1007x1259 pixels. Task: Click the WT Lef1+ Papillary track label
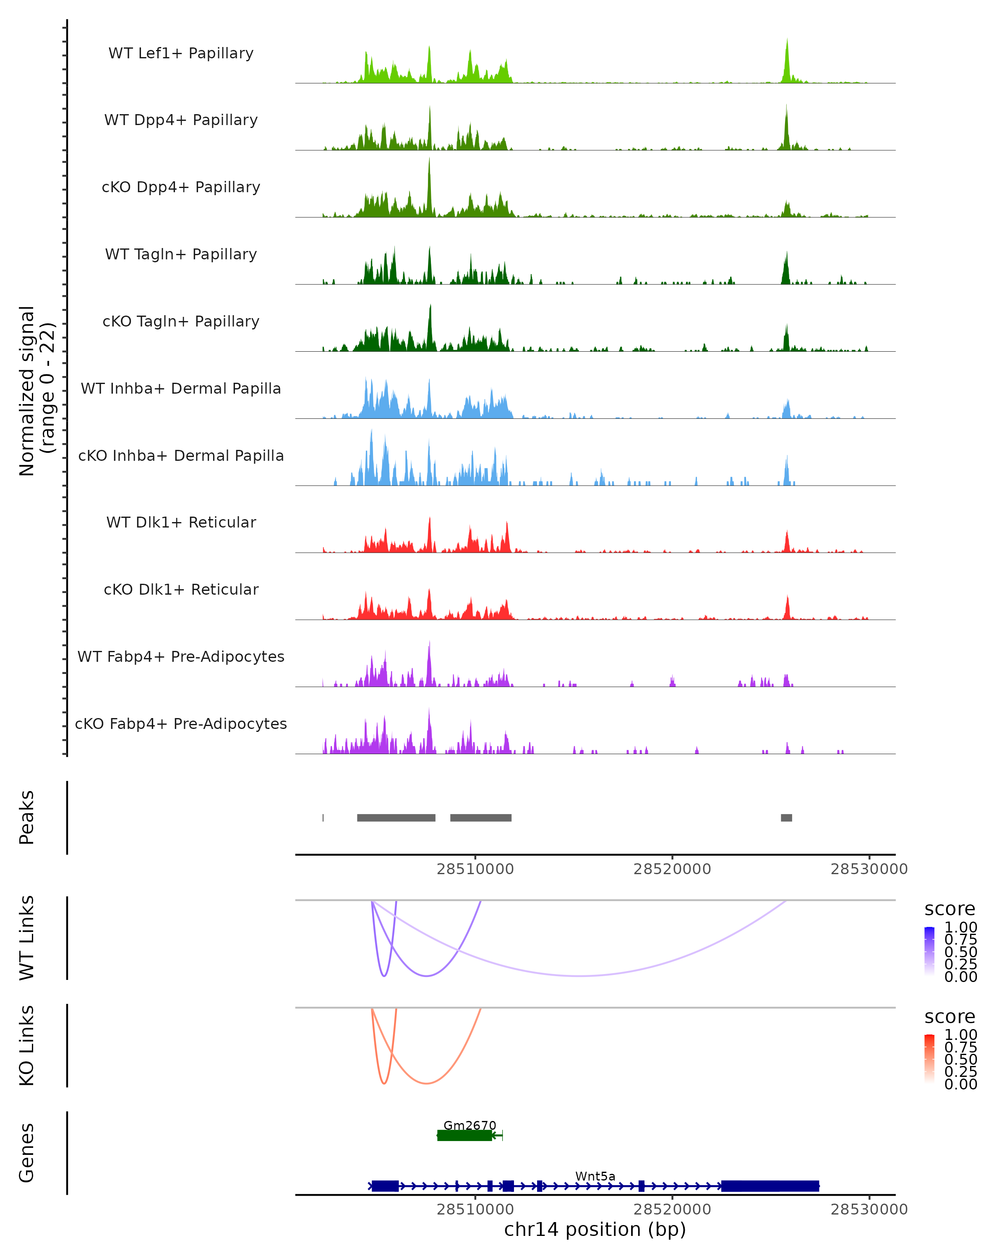point(181,53)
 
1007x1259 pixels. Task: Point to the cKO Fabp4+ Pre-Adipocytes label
point(181,724)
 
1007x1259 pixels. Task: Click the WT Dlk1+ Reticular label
point(181,522)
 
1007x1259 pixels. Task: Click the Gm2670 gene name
point(470,1125)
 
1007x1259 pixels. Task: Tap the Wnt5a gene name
point(595,1176)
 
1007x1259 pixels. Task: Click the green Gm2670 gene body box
point(464,1135)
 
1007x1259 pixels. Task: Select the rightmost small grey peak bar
point(786,818)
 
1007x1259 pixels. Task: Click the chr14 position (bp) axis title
point(595,1229)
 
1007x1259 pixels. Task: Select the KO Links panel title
point(27,1045)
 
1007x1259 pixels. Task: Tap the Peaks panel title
point(27,818)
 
